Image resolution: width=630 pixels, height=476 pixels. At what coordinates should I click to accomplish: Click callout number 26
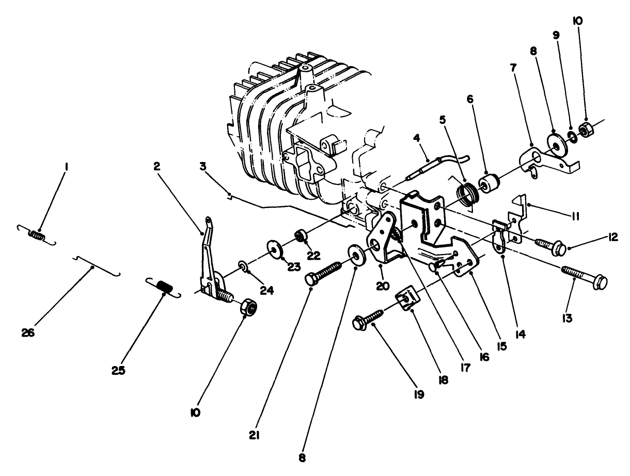click(x=28, y=334)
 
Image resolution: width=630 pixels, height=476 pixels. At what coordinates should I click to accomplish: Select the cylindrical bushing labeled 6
click(x=490, y=182)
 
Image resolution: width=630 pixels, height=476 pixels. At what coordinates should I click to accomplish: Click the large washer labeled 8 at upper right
click(x=556, y=144)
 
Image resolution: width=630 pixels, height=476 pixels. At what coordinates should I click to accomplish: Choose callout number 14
click(x=520, y=334)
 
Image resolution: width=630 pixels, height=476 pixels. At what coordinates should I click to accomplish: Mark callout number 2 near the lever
click(x=156, y=166)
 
